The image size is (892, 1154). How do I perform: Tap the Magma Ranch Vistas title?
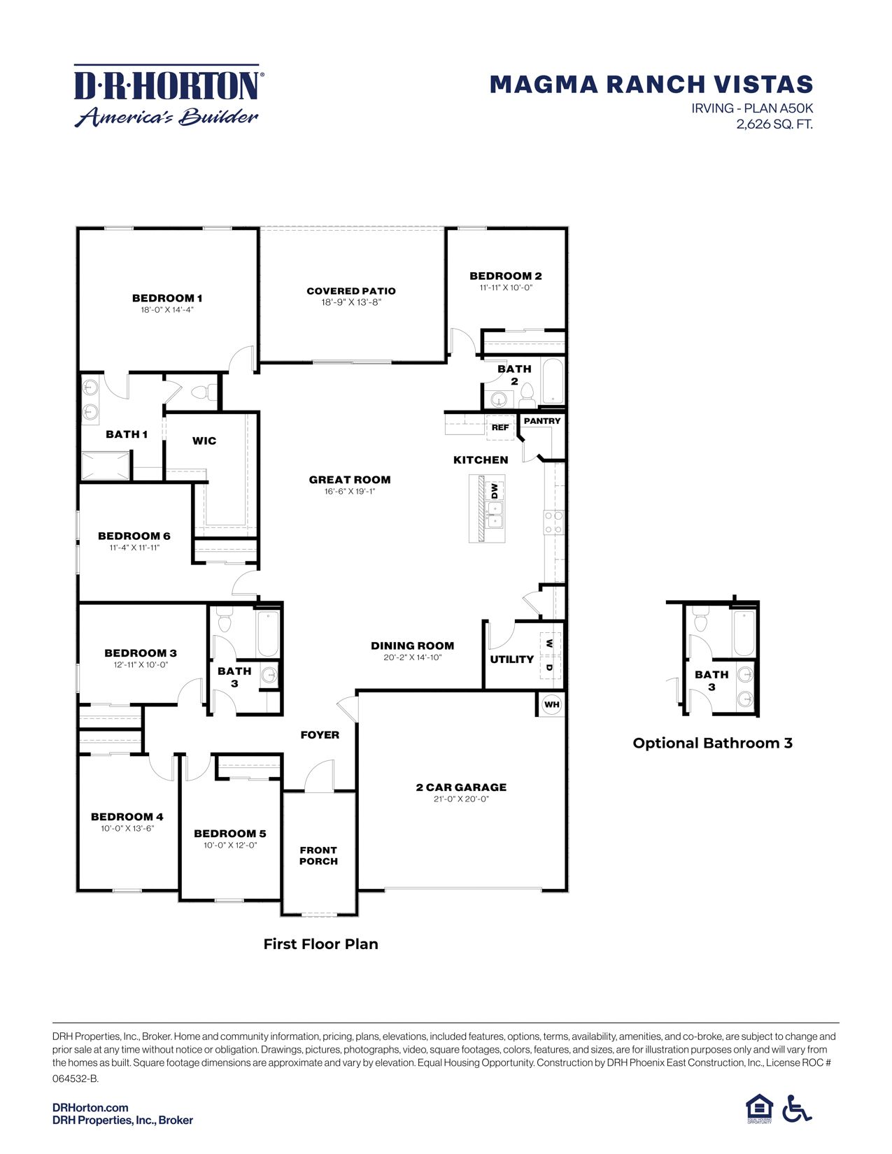click(x=651, y=85)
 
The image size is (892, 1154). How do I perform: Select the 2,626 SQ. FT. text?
click(x=774, y=124)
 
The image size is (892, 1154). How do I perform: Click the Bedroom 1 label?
click(x=167, y=298)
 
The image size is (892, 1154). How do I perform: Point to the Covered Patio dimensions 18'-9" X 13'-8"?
click(x=351, y=302)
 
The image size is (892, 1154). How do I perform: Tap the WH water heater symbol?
click(x=552, y=704)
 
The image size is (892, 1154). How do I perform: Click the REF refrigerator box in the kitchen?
click(x=500, y=427)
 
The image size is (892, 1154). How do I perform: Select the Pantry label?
click(x=542, y=421)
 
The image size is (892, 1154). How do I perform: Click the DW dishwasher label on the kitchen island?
click(x=494, y=490)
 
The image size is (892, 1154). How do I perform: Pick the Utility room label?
click(x=511, y=659)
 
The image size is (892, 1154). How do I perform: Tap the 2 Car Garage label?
click(x=461, y=787)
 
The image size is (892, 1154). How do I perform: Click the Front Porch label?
click(x=318, y=855)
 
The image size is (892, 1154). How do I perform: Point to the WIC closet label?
click(x=204, y=441)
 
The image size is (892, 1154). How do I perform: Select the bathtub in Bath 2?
click(x=553, y=381)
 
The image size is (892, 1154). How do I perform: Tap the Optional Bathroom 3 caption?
click(x=712, y=743)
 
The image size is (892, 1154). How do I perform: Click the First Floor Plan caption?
click(x=320, y=943)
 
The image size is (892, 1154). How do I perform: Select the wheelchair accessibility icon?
click(x=796, y=1109)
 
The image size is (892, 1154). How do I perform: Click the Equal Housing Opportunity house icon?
click(x=759, y=1108)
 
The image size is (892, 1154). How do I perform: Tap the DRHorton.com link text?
click(x=90, y=1107)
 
